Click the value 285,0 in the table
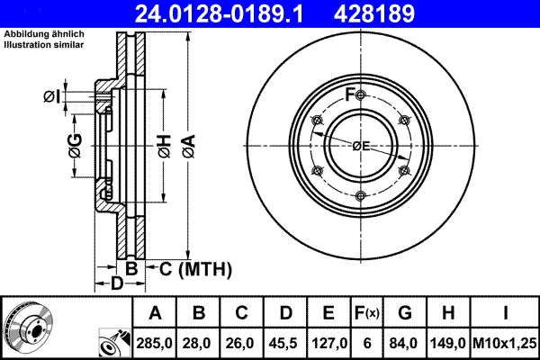156,343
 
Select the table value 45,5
286,343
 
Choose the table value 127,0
329,343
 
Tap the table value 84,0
405,343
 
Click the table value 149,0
448,343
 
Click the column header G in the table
405,313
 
